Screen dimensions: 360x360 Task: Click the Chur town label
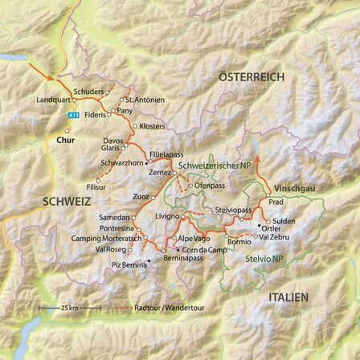[x=66, y=139]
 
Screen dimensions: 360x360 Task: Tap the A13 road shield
[x=75, y=116]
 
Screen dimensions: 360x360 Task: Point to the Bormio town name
[x=239, y=241]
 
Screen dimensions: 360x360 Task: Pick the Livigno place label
[x=167, y=216]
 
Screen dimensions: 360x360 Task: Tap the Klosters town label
[x=152, y=127]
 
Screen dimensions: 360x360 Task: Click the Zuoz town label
[x=141, y=196]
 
